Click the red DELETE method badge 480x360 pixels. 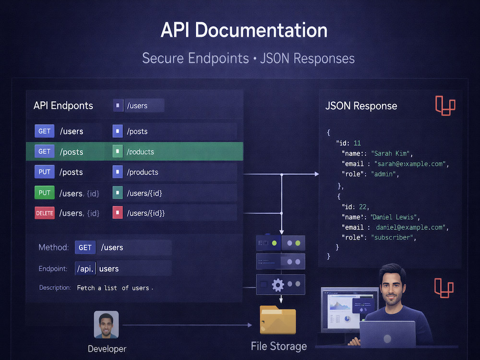45,213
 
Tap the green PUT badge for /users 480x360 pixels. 44,192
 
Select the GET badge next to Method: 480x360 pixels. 85,247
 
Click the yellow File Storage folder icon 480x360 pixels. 277,320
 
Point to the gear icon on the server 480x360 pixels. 277,285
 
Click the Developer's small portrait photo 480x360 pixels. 106,324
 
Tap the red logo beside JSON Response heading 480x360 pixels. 445,106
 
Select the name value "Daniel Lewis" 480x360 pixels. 394,217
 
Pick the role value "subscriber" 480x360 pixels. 392,237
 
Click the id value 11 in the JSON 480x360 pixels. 357,143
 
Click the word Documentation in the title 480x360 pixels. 261,30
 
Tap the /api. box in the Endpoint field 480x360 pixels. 85,268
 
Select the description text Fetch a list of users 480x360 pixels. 115,288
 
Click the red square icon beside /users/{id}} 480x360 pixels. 118,213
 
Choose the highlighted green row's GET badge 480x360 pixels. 44,151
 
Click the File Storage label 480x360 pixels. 278,346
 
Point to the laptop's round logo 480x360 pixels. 387,338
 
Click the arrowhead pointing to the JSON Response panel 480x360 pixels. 316,174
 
